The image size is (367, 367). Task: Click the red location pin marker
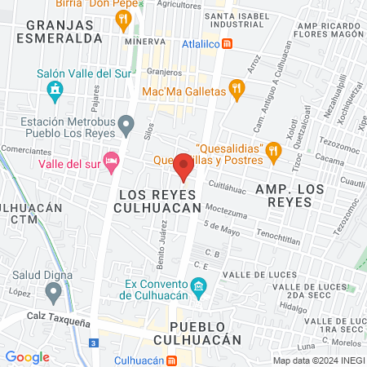point(183,167)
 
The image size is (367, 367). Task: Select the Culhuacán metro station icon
point(171,360)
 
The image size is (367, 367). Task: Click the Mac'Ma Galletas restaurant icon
point(237,91)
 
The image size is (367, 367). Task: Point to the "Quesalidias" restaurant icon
point(274,148)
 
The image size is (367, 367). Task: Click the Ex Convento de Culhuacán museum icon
point(197,286)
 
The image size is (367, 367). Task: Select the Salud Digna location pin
point(54,290)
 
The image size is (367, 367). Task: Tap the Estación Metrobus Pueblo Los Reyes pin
point(126,125)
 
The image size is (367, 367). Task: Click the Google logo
point(27,356)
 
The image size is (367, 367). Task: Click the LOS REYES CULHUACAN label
point(159,201)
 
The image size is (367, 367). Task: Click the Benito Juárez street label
point(162,249)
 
